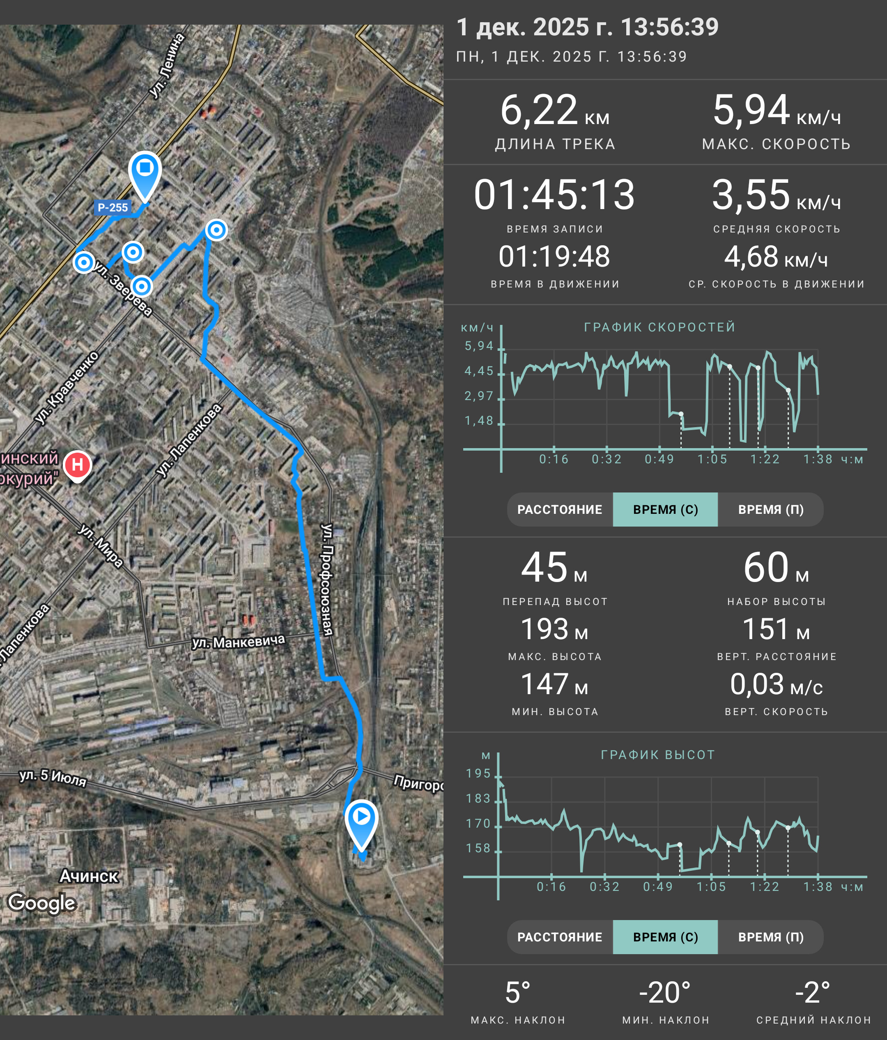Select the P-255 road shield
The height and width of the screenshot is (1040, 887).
coord(113,207)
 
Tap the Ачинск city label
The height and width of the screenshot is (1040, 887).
coord(89,876)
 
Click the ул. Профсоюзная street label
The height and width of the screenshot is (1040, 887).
coord(327,580)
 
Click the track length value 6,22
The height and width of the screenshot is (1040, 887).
coord(539,110)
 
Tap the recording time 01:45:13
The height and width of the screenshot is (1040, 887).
coord(554,194)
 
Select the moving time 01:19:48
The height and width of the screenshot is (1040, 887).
coord(554,256)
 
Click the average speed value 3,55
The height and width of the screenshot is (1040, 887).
coord(751,194)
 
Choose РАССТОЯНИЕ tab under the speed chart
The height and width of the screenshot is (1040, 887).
coord(560,509)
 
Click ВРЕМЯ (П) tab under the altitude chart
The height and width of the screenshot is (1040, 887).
coord(771,937)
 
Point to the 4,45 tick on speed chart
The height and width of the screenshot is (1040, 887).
coord(479,371)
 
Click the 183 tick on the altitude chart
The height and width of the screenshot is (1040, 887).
coord(478,798)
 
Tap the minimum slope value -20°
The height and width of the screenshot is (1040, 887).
coord(665,992)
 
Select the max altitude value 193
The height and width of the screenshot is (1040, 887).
coord(545,629)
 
